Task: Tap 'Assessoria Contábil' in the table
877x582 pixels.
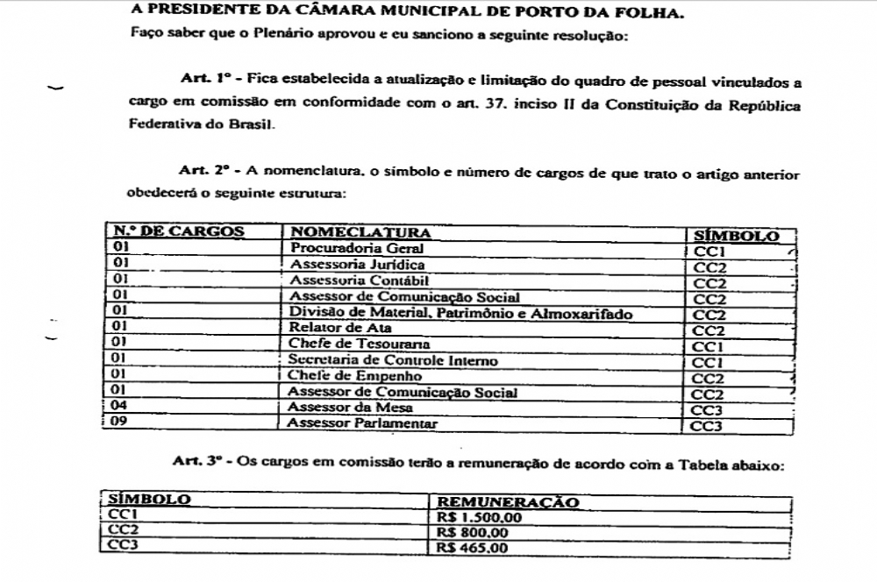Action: pyautogui.click(x=359, y=281)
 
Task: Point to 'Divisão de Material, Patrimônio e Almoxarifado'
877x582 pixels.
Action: pyautogui.click(x=461, y=313)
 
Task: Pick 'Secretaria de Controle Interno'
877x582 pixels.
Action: pyautogui.click(x=392, y=360)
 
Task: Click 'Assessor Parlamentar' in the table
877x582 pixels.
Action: pyautogui.click(x=362, y=424)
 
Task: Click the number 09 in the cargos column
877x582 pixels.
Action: pyautogui.click(x=121, y=424)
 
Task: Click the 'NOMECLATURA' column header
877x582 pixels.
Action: pyautogui.click(x=360, y=233)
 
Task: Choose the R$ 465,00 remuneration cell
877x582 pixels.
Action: pyautogui.click(x=471, y=549)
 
